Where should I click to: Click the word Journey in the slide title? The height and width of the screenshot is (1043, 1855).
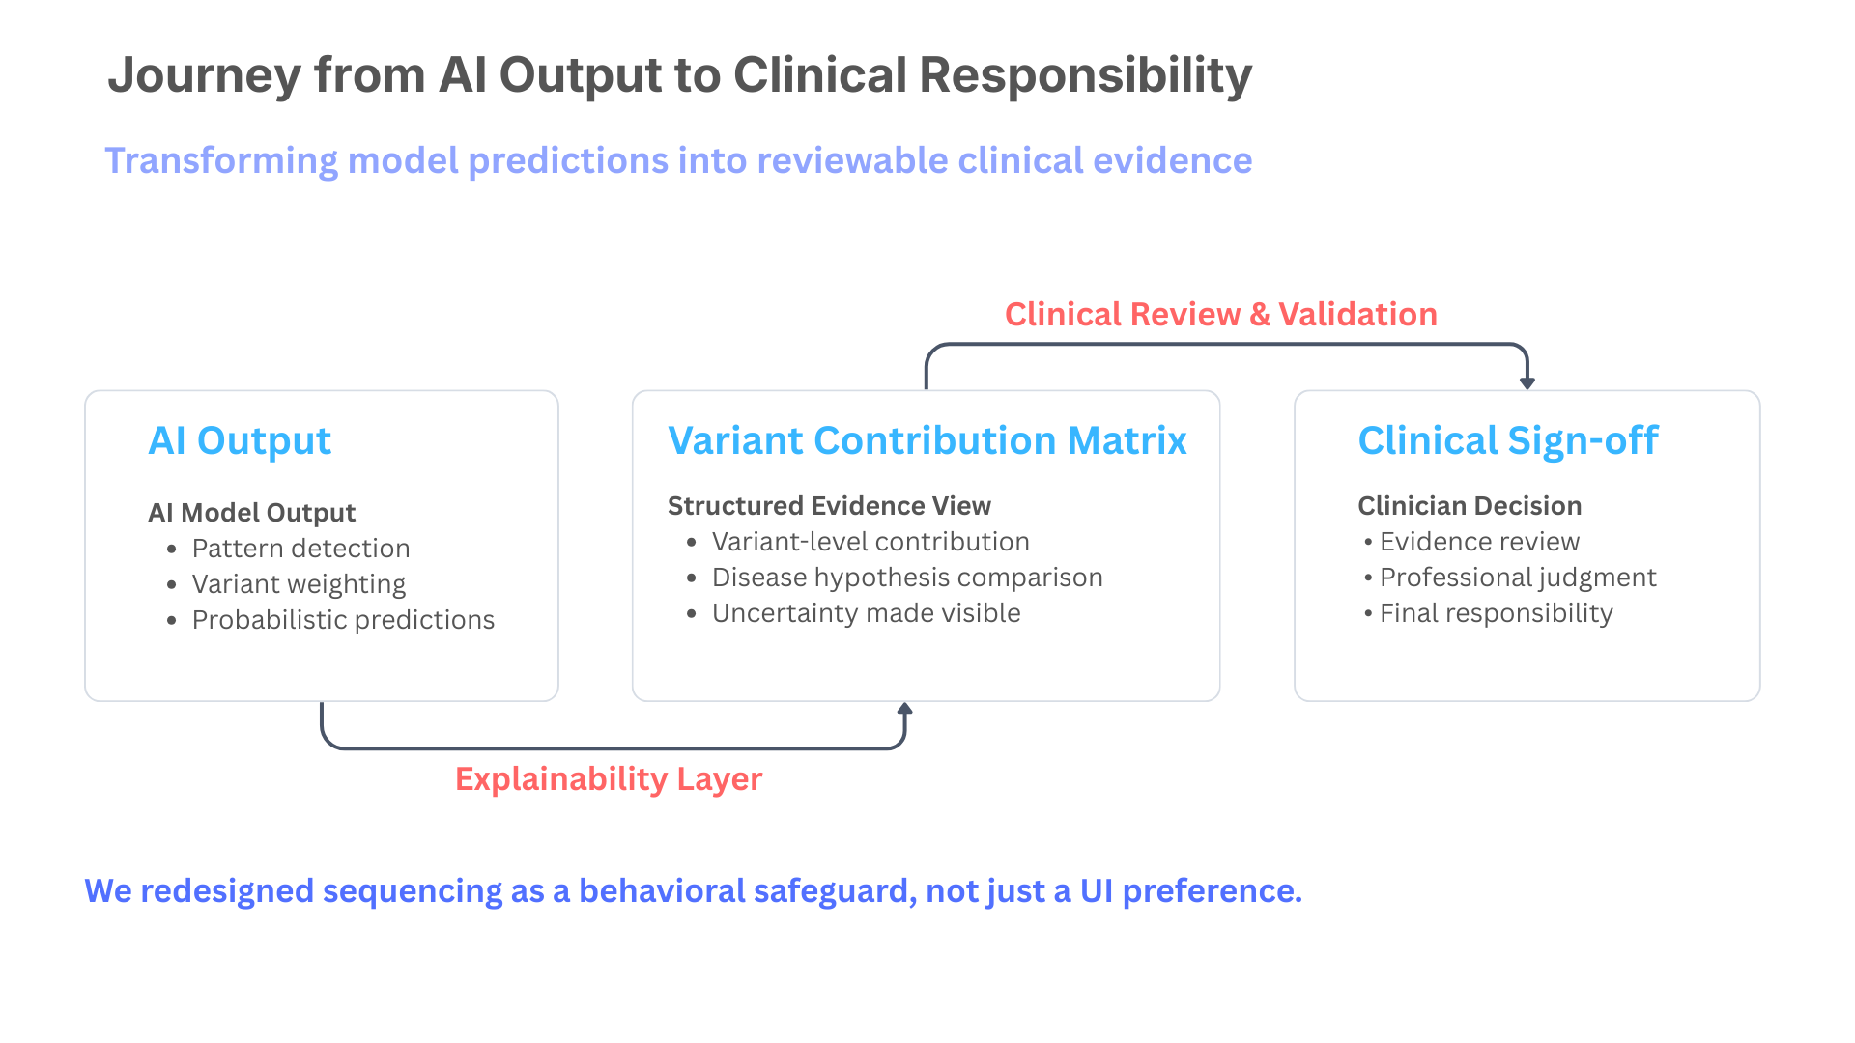click(x=204, y=75)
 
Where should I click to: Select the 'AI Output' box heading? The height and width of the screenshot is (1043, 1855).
click(x=240, y=440)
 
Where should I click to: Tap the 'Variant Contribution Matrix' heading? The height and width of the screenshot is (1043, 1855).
click(x=927, y=440)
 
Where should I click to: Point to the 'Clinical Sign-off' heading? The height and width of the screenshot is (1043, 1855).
click(x=1507, y=440)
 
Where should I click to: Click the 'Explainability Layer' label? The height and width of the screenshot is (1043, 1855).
click(x=609, y=778)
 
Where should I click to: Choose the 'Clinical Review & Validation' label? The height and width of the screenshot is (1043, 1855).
click(x=1220, y=314)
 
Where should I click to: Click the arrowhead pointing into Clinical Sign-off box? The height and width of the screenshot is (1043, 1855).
click(x=1527, y=382)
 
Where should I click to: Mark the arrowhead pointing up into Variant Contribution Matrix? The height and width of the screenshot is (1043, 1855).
click(x=905, y=710)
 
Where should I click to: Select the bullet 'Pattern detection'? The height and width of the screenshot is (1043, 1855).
click(x=300, y=549)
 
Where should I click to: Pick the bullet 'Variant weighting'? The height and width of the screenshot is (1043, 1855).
click(x=299, y=584)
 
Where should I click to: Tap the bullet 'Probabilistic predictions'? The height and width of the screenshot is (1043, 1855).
click(x=343, y=620)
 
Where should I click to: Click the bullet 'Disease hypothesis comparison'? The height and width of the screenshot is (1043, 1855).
click(x=907, y=578)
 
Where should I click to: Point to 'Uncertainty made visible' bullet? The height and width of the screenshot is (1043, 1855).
click(x=866, y=613)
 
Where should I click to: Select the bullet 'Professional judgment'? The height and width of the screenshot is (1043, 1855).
click(x=1517, y=578)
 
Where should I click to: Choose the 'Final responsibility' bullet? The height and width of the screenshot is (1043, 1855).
click(x=1496, y=613)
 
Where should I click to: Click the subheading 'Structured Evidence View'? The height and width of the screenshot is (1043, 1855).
click(x=829, y=506)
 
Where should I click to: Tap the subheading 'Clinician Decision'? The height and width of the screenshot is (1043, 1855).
click(x=1469, y=506)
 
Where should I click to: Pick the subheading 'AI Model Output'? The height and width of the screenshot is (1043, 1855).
click(x=251, y=513)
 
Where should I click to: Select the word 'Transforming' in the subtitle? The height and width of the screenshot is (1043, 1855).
click(x=221, y=160)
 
